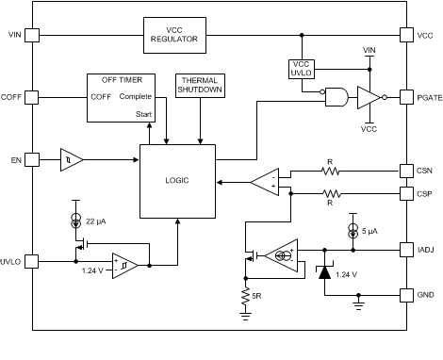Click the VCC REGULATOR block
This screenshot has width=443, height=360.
click(174, 35)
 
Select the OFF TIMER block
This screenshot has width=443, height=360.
click(121, 97)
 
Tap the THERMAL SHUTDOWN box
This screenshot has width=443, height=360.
click(199, 86)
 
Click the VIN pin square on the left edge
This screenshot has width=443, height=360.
click(32, 35)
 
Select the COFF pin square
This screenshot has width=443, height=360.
click(32, 96)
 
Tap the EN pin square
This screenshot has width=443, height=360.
click(32, 161)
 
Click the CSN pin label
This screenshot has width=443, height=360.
click(423, 172)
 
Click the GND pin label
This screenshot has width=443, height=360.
click(423, 294)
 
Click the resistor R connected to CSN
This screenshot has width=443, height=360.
click(330, 172)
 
